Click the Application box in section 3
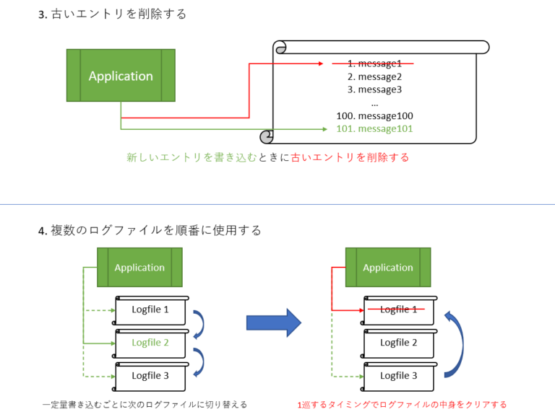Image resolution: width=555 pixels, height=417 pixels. (x=121, y=76)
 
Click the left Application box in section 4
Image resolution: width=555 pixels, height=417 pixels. (x=139, y=267)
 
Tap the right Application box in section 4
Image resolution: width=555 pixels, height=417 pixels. (x=388, y=267)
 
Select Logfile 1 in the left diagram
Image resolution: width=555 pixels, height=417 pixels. (x=150, y=310)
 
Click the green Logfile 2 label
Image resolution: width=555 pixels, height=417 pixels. (x=150, y=343)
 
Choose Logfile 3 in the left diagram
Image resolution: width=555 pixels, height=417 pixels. (x=150, y=375)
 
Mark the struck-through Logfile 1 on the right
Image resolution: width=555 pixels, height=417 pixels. (x=399, y=310)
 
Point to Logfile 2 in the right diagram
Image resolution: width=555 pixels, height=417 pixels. (x=399, y=343)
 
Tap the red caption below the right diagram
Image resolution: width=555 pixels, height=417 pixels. (x=402, y=405)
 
